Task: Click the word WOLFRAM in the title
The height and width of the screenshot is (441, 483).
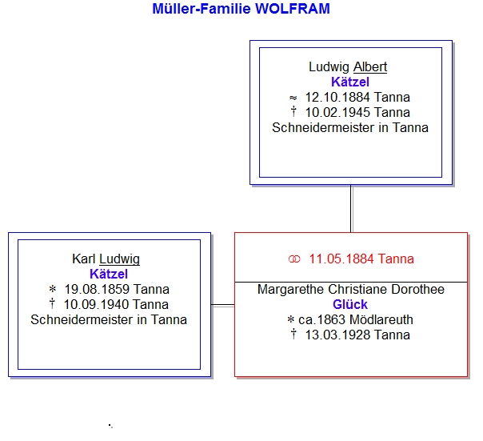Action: point(293,9)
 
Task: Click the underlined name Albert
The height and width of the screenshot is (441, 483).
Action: point(370,67)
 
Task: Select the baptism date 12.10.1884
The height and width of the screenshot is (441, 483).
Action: point(338,98)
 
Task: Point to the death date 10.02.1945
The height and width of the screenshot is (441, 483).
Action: point(338,113)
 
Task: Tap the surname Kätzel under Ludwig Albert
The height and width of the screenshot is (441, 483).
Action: point(350,82)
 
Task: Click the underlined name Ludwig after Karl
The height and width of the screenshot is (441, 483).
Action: point(119,259)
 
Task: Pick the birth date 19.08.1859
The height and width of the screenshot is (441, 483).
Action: point(97,290)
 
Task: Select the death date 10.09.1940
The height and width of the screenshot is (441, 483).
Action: point(97,305)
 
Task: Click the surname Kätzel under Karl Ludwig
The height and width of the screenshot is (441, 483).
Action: point(109,275)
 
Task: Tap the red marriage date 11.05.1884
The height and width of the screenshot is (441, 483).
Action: point(342,259)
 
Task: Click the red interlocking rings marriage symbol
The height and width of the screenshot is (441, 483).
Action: point(294,259)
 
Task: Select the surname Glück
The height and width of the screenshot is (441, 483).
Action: point(350,305)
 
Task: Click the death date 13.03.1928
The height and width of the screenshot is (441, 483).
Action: point(338,335)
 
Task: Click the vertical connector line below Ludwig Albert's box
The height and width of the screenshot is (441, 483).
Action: point(351,209)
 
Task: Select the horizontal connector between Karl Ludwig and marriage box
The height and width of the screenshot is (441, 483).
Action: point(223,305)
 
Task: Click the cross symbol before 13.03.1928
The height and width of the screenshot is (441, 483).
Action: point(293,334)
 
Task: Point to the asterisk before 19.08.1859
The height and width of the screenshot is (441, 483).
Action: point(53,289)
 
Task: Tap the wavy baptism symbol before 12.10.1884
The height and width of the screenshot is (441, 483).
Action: point(293,98)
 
